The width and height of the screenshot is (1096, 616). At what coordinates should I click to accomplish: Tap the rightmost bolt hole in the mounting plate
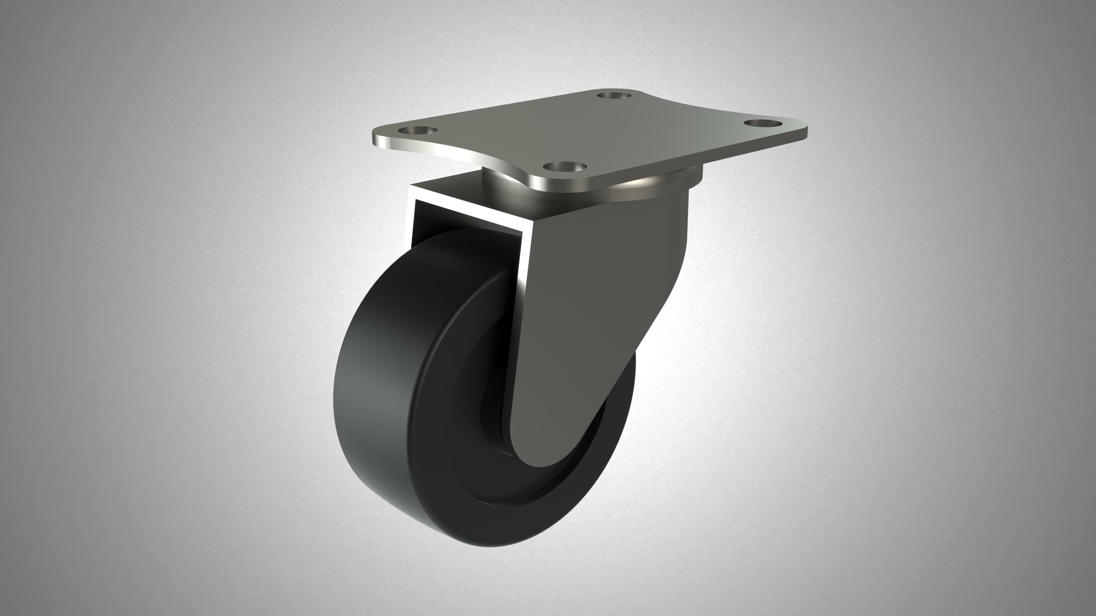762,123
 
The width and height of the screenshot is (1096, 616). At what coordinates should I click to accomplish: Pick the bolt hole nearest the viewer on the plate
565,167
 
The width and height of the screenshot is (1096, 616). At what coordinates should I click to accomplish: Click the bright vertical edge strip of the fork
522,319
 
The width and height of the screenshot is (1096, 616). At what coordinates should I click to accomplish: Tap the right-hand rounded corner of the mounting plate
799,128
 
